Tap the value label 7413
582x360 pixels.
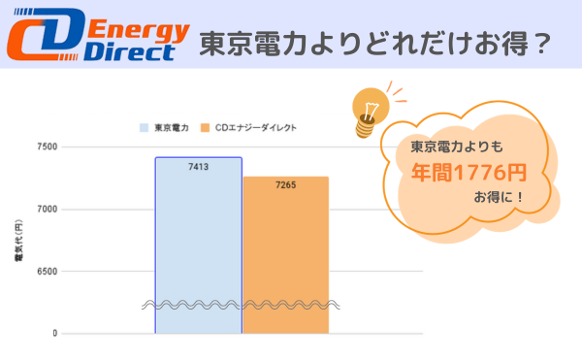(x=198, y=167)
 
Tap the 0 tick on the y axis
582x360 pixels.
(x=55, y=334)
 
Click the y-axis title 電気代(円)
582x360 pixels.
(x=18, y=242)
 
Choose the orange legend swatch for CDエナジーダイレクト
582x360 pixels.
(x=206, y=127)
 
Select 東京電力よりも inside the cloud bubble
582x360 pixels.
(x=453, y=147)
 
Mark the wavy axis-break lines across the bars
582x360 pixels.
(x=242, y=305)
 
